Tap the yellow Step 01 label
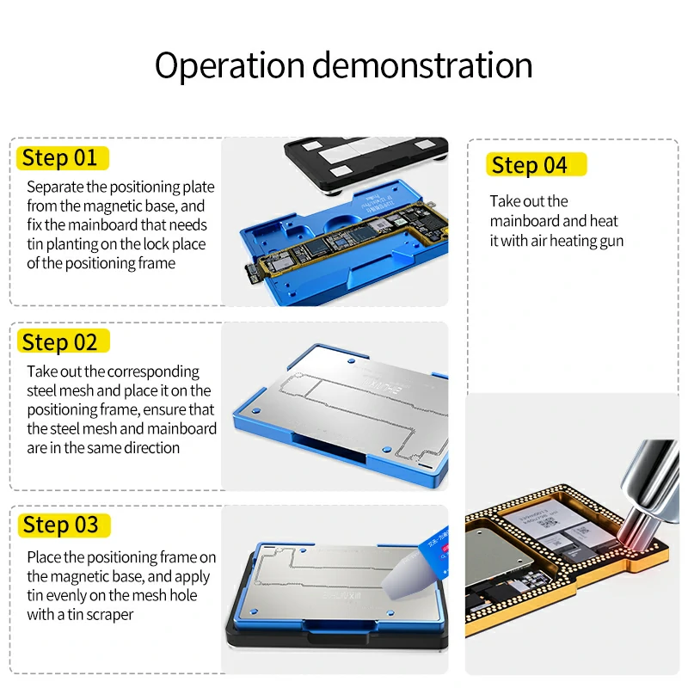[60, 158]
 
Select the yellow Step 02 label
[60, 342]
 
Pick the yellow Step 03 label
[60, 525]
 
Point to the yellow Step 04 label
[530, 165]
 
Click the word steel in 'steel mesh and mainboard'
[42, 429]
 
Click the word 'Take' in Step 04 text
[506, 201]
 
